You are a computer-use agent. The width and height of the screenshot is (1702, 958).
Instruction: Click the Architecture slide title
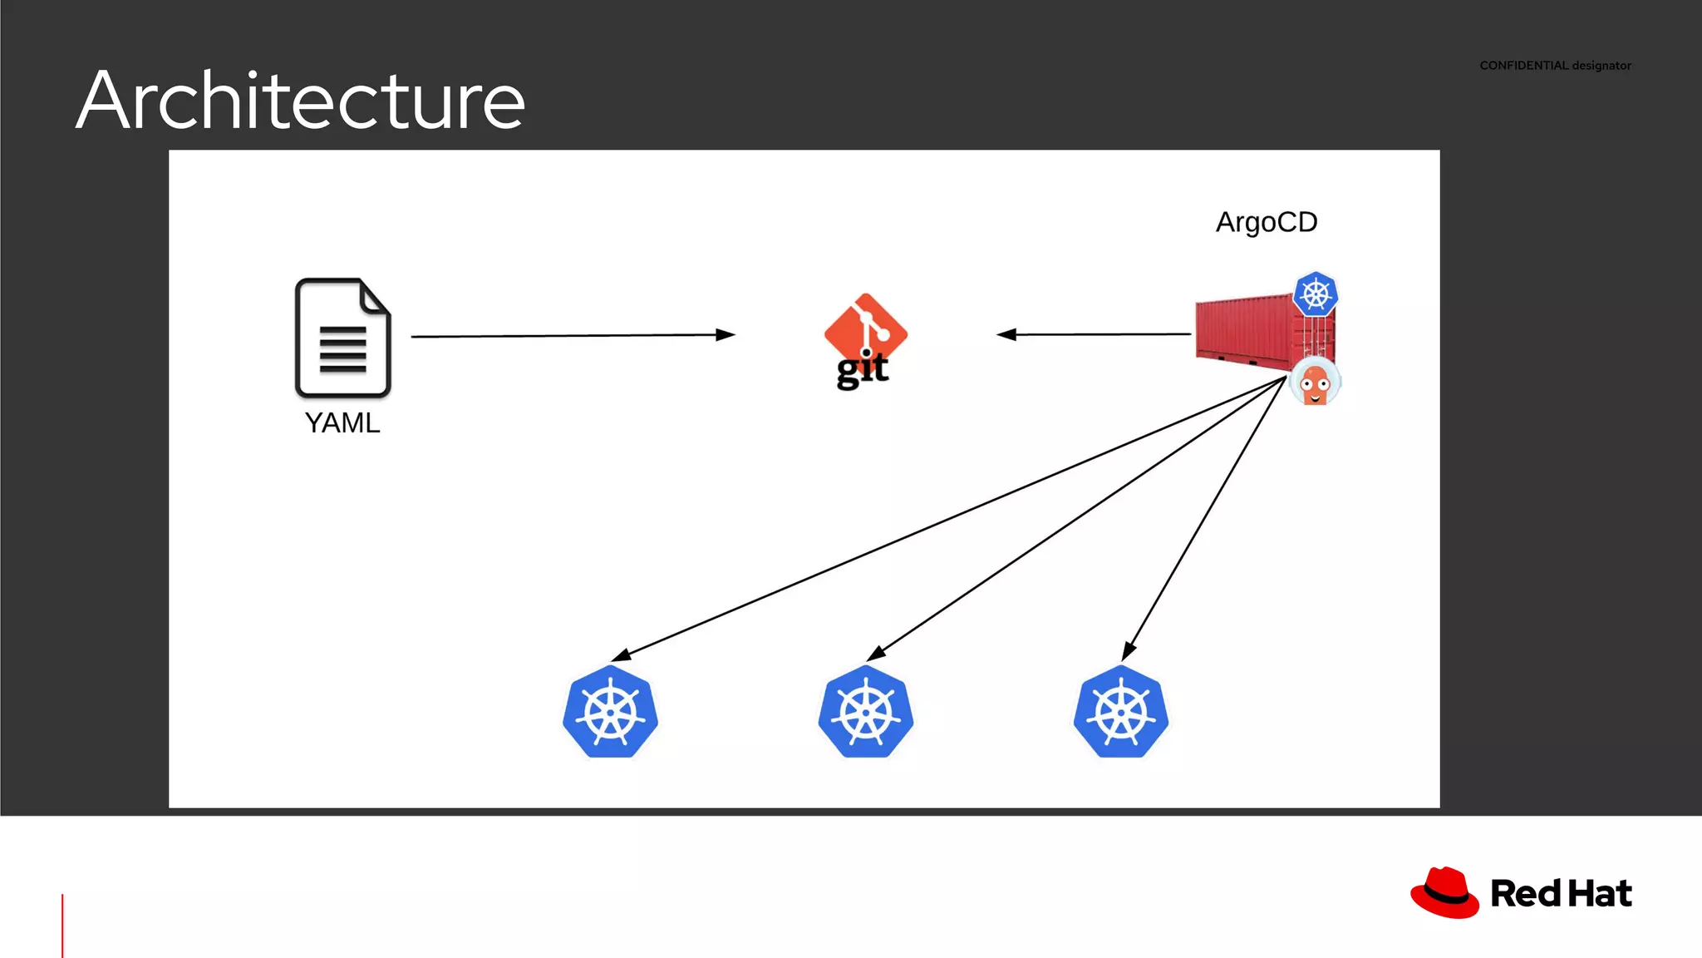point(300,101)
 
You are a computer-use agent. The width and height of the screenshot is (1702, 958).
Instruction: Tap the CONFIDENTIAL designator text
point(1554,66)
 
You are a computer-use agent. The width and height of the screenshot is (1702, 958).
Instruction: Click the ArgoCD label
point(1266,222)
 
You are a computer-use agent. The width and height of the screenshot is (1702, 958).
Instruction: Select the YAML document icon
point(342,338)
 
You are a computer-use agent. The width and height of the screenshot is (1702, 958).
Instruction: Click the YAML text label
point(342,422)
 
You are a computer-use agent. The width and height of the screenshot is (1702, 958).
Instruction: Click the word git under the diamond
point(862,370)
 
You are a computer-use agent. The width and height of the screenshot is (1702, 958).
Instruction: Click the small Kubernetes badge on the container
point(1316,294)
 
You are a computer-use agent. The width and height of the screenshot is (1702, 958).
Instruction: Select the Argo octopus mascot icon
point(1315,383)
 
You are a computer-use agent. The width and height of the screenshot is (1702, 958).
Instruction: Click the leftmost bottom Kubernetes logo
point(610,713)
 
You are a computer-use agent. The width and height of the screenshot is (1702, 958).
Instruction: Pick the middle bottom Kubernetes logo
point(865,713)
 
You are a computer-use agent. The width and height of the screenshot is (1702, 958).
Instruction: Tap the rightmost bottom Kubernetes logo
point(1120,713)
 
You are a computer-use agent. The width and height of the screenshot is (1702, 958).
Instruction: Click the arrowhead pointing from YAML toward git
point(726,335)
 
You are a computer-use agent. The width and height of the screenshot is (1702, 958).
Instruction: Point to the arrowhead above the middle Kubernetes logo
point(876,654)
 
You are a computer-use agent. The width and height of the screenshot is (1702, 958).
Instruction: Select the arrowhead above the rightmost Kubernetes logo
point(1129,650)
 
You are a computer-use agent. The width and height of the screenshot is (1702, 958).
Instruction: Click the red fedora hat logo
point(1444,893)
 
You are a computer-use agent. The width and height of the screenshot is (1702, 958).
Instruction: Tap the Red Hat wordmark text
point(1561,894)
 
